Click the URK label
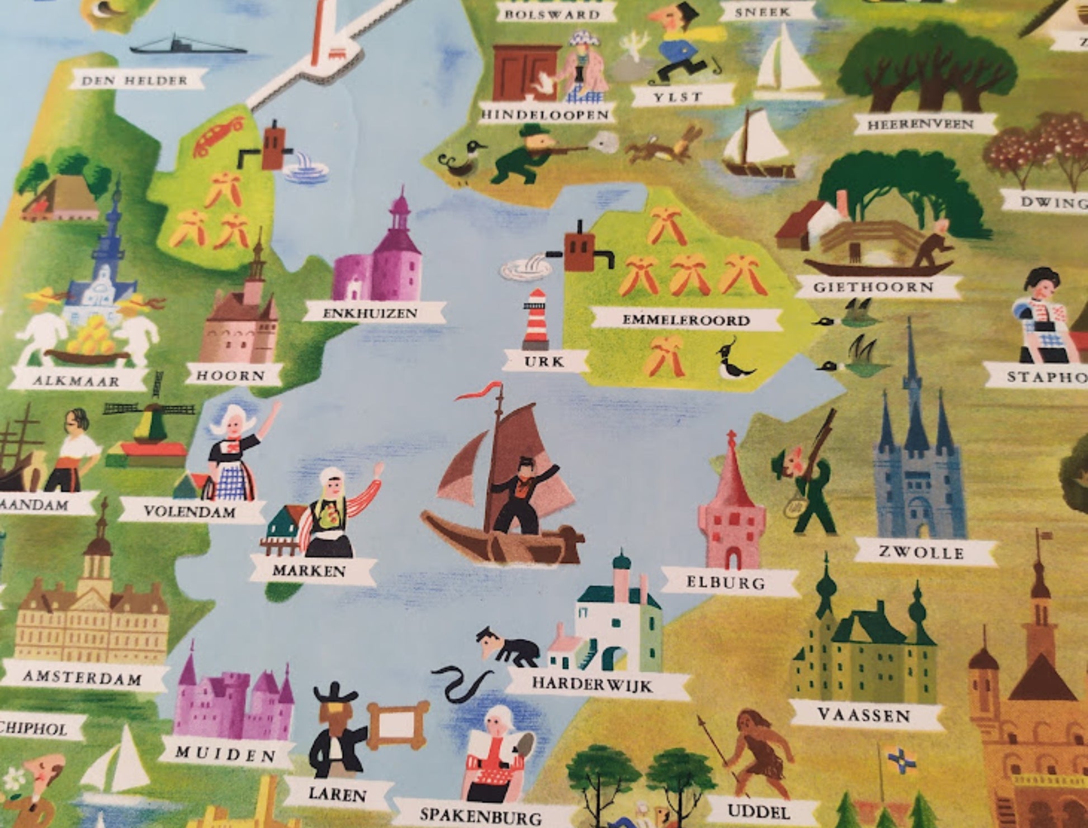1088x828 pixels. pyautogui.click(x=545, y=361)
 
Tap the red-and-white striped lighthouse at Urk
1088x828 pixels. pyautogui.click(x=536, y=319)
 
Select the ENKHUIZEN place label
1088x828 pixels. pyautogui.click(x=371, y=313)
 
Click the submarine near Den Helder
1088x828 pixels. pyautogui.click(x=187, y=46)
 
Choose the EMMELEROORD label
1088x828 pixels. pyautogui.click(x=686, y=320)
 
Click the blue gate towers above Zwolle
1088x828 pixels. pyautogui.click(x=917, y=469)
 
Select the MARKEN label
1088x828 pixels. pyautogui.click(x=309, y=570)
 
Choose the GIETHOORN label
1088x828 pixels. pyautogui.click(x=873, y=287)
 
